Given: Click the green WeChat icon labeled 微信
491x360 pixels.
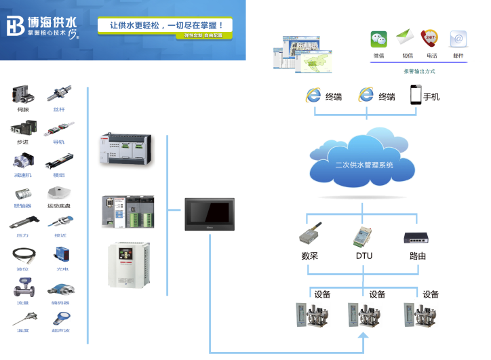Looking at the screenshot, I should click(378, 39).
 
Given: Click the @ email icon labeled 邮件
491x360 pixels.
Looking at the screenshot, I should click(458, 39).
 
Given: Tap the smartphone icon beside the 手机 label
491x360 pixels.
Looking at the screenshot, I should click(415, 95).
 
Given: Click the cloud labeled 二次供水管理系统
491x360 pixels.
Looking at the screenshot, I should click(364, 162).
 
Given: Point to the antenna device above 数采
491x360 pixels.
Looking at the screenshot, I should click(311, 235).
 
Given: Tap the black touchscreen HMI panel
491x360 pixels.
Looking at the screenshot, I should click(209, 214).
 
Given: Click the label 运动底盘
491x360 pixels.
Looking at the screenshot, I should click(59, 205).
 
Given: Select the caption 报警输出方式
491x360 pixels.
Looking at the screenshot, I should click(418, 71).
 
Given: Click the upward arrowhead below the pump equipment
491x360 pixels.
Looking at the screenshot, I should click(363, 336).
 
